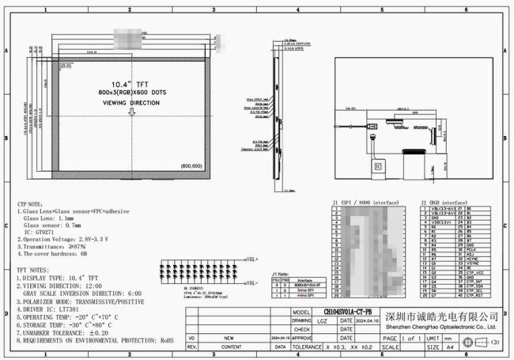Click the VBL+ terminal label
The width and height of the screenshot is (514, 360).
click(x=251, y=259)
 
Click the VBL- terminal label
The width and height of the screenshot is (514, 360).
click(x=251, y=282)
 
